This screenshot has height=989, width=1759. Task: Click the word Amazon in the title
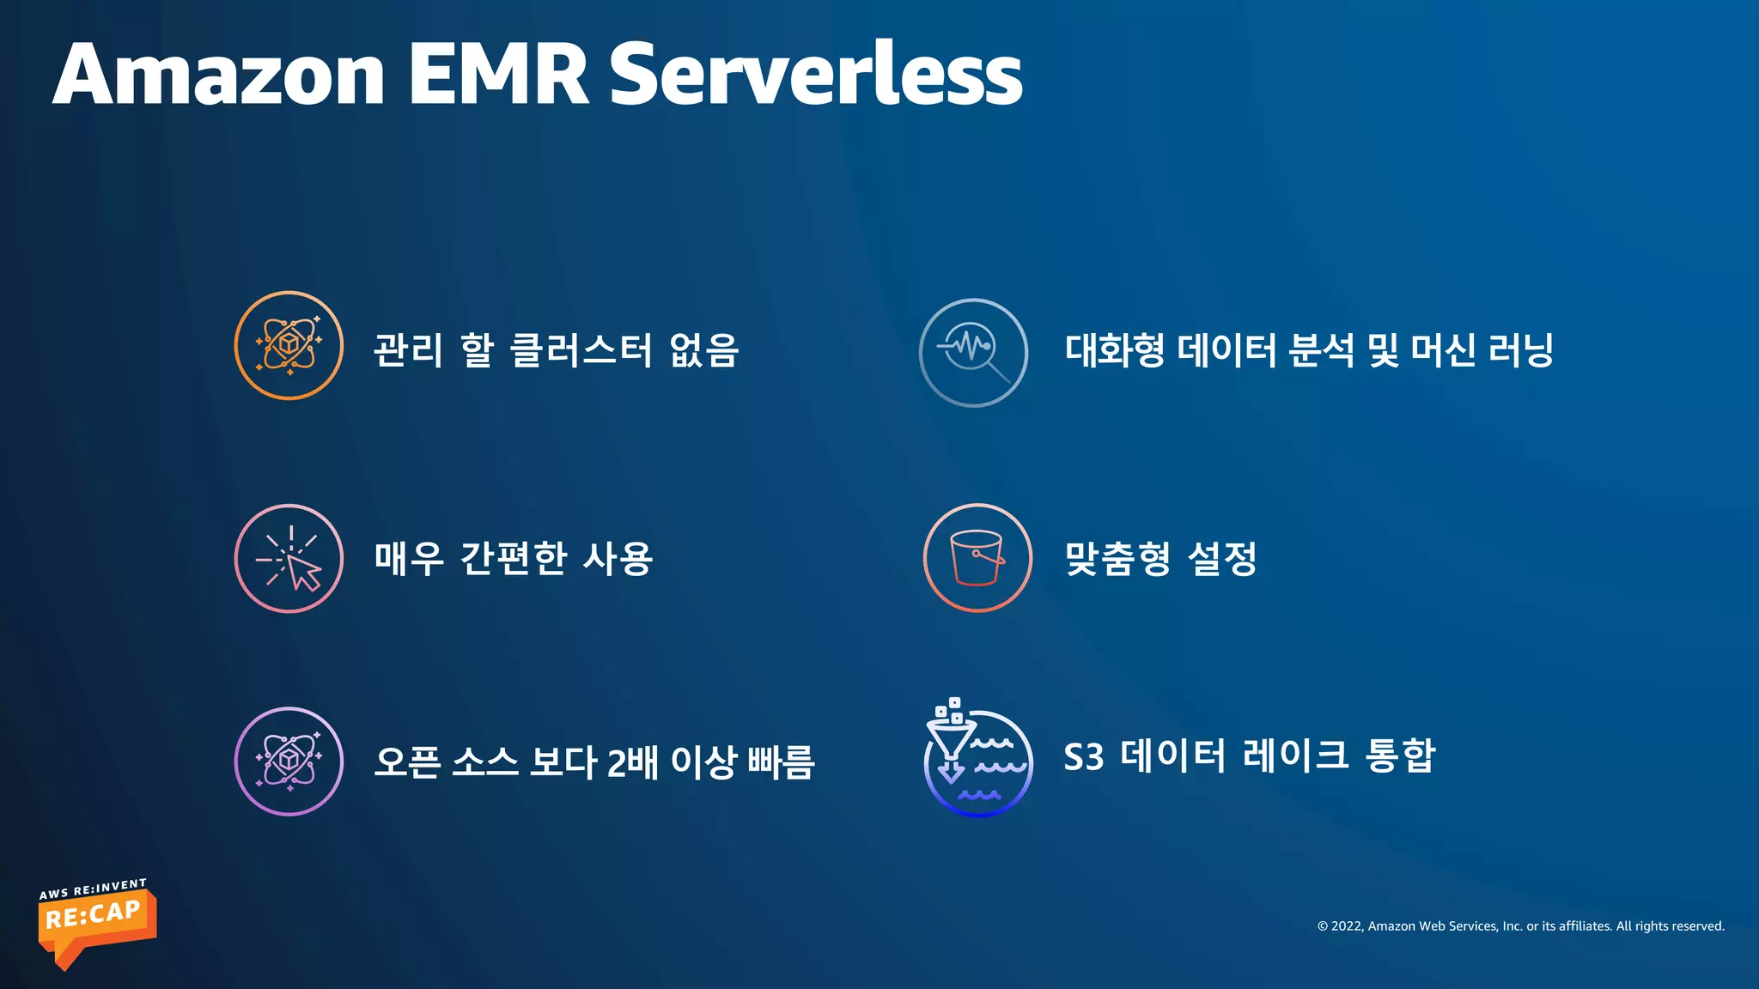coord(219,76)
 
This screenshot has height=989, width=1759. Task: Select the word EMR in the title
coord(497,76)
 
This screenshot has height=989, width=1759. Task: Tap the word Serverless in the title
coord(815,76)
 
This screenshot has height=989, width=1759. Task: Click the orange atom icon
coord(289,345)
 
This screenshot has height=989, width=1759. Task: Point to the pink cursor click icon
coord(289,559)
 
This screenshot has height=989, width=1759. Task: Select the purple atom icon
coord(289,761)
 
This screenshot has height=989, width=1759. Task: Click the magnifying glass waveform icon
coord(973,352)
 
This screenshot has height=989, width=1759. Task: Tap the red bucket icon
coord(977,558)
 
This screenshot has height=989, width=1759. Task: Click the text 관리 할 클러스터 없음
coord(556,350)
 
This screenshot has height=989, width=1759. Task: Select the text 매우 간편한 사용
coord(513,559)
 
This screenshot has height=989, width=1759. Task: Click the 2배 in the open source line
coord(632,762)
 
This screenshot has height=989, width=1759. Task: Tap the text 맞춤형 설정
coord(1160,559)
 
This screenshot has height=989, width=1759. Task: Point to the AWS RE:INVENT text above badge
coord(93,889)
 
